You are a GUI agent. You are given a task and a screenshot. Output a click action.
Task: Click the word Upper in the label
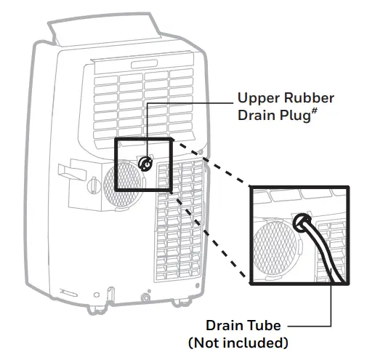[259, 98]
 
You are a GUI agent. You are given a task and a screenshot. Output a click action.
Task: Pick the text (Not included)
[238, 342]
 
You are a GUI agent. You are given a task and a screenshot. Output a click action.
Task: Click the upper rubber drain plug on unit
[145, 164]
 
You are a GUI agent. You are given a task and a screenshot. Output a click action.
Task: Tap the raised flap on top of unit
[109, 29]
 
